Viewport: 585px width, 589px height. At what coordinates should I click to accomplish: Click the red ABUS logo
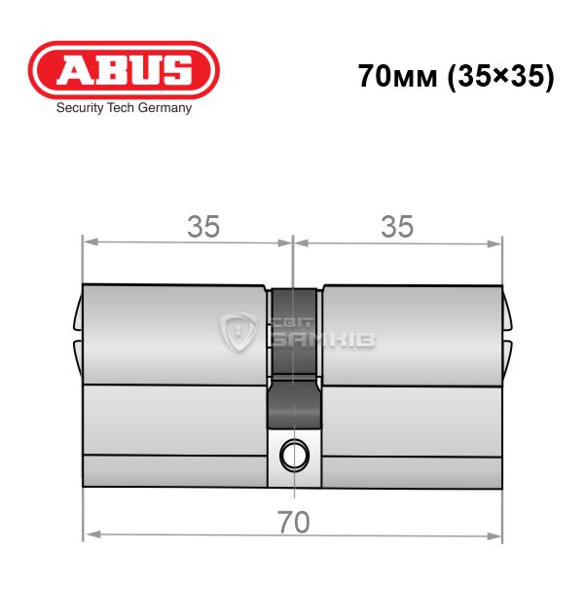click(124, 70)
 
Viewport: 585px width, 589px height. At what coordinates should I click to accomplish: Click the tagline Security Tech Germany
click(124, 108)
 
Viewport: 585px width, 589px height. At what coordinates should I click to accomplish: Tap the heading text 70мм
click(398, 76)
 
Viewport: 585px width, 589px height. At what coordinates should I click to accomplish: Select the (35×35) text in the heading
click(501, 77)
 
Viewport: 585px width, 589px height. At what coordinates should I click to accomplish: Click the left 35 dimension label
click(203, 227)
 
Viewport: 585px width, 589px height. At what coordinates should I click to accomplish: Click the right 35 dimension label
click(397, 227)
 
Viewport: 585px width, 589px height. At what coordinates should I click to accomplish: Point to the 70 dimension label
click(294, 522)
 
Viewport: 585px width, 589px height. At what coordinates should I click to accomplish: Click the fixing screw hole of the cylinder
click(294, 456)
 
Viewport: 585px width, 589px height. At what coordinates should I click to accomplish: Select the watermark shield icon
click(238, 332)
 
